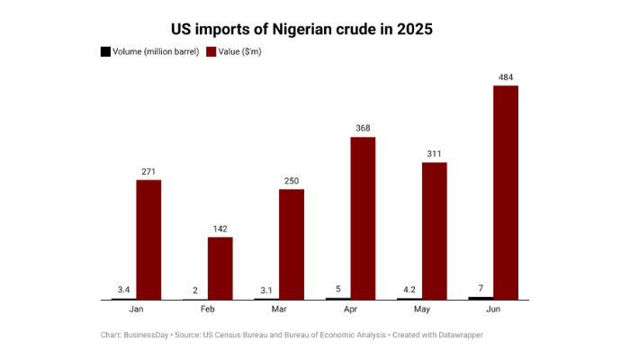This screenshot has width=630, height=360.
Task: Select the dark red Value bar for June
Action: point(506,193)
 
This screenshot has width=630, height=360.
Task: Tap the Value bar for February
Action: point(220,268)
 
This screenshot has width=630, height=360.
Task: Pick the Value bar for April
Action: point(363,218)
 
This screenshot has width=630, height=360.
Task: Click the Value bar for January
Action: point(148,239)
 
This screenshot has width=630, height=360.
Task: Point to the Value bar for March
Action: point(292,244)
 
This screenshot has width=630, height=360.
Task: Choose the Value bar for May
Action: point(435,230)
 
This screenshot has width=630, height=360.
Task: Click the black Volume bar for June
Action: point(481,297)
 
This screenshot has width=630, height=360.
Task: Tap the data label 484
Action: point(506,78)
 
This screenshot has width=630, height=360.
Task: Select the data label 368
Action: point(363,129)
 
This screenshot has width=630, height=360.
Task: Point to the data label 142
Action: point(220,229)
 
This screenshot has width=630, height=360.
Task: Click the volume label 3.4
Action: point(124,289)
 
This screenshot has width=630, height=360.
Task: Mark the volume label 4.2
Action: point(409,289)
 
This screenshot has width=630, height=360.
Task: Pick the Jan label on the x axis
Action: point(136,309)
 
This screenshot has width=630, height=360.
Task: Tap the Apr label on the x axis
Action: point(351,309)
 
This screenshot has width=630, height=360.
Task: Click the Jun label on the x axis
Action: point(494,309)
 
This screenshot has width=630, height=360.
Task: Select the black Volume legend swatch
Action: point(105,51)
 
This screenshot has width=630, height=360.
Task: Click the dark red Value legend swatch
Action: point(211,51)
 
